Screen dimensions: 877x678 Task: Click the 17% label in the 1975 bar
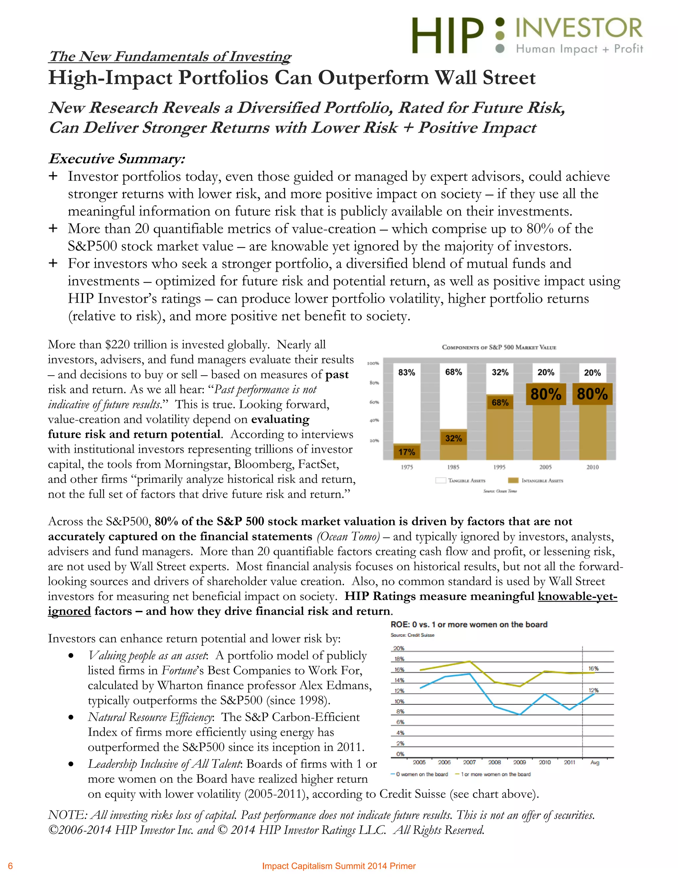pos(407,452)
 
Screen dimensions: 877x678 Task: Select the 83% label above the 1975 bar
pos(407,372)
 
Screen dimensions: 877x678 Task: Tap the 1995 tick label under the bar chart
pos(499,467)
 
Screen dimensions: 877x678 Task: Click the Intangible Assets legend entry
pos(542,480)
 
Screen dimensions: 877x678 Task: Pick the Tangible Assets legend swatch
pos(441,480)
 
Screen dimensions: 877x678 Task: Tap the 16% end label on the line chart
pos(593,669)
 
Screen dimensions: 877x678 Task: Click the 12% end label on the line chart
pos(593,690)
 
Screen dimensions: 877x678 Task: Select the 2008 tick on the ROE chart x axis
pos(495,762)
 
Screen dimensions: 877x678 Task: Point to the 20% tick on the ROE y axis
pos(399,648)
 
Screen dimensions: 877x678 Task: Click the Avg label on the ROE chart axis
pos(595,762)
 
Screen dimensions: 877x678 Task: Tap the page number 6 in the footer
pos(11,866)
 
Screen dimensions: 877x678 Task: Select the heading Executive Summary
pos(117,159)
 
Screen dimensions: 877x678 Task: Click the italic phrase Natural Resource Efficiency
pos(150,717)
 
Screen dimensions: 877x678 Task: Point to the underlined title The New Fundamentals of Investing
pos(169,56)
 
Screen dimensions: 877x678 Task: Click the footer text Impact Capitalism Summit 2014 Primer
pos(339,866)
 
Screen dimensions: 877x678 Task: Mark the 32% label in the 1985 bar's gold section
pos(453,438)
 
